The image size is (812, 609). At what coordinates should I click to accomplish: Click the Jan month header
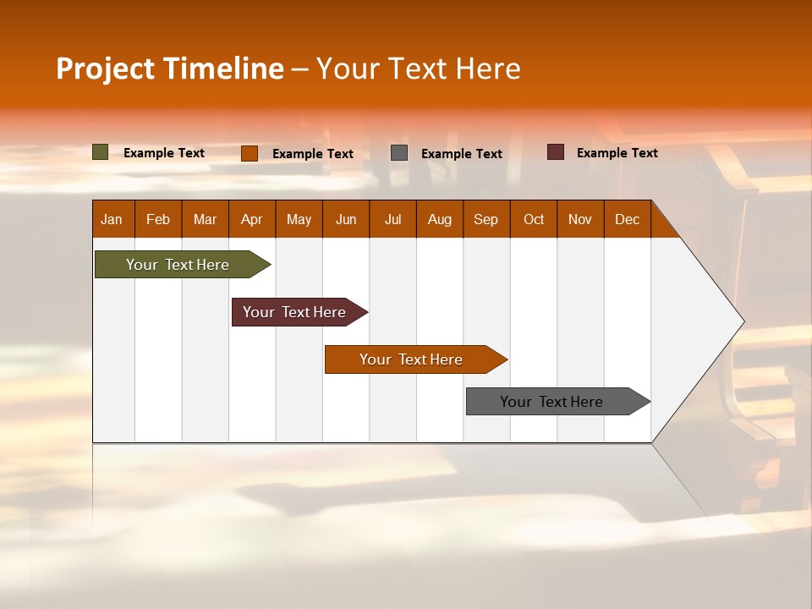112,219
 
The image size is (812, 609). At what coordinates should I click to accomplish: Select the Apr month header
252,219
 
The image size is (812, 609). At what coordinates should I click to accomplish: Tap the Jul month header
393,219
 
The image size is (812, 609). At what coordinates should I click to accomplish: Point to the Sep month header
486,219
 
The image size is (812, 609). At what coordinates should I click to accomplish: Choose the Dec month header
628,219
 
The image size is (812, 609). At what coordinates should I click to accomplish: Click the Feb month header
158,219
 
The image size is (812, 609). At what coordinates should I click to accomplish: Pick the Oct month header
534,219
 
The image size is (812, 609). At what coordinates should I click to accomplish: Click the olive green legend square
101,152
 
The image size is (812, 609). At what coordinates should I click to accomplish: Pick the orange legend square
250,153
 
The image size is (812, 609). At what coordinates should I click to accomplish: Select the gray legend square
399,153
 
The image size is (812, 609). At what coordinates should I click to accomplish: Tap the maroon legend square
556,152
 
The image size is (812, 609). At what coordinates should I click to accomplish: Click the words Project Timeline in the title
170,69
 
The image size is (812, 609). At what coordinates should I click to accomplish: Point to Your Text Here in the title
418,69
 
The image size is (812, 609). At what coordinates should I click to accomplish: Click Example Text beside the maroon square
617,153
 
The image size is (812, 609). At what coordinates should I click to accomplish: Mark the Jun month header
346,219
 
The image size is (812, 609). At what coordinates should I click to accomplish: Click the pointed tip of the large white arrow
742,321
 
